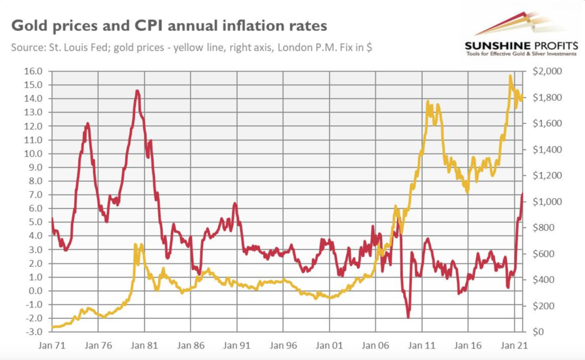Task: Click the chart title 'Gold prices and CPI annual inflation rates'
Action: tap(169, 26)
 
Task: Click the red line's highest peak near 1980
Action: tap(137, 91)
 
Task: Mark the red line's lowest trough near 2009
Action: tap(408, 317)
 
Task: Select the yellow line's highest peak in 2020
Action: tap(510, 76)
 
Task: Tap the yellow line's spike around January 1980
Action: tap(135, 245)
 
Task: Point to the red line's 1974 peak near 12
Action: tap(87, 123)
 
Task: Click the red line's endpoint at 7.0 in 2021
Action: tap(522, 194)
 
